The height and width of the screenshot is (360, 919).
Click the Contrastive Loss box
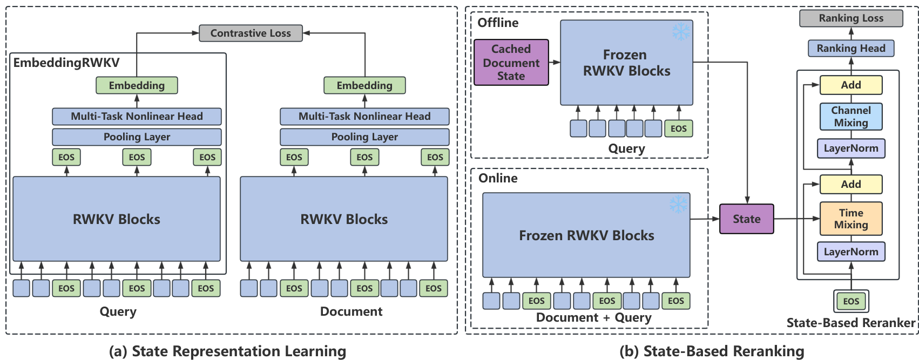tap(251, 33)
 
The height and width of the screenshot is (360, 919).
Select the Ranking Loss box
tap(851, 18)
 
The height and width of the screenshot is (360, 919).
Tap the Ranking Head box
tap(851, 49)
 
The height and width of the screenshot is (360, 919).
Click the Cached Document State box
tap(511, 63)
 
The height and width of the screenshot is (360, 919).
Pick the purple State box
tap(746, 219)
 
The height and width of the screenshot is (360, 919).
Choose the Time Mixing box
tap(851, 219)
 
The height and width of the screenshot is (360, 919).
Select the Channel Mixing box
tap(851, 117)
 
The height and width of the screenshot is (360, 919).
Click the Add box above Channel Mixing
tap(851, 85)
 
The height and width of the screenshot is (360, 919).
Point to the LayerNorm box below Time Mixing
tap(851, 252)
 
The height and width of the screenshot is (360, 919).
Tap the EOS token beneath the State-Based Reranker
tap(851, 301)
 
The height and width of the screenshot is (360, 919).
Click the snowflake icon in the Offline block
tap(681, 32)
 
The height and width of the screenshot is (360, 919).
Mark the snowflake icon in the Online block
tap(678, 205)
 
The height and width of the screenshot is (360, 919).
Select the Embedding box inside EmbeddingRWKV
tap(137, 85)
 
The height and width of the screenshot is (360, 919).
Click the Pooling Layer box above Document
tap(364, 137)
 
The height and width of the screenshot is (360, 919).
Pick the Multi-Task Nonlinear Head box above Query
tap(137, 117)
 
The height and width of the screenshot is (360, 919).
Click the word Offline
tap(498, 23)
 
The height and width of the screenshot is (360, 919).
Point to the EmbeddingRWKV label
tap(66, 63)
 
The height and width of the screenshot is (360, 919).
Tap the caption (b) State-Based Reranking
tap(712, 351)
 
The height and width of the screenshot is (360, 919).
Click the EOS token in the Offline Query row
tap(678, 128)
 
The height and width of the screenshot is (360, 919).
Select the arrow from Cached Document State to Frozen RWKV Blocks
tap(555, 63)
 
